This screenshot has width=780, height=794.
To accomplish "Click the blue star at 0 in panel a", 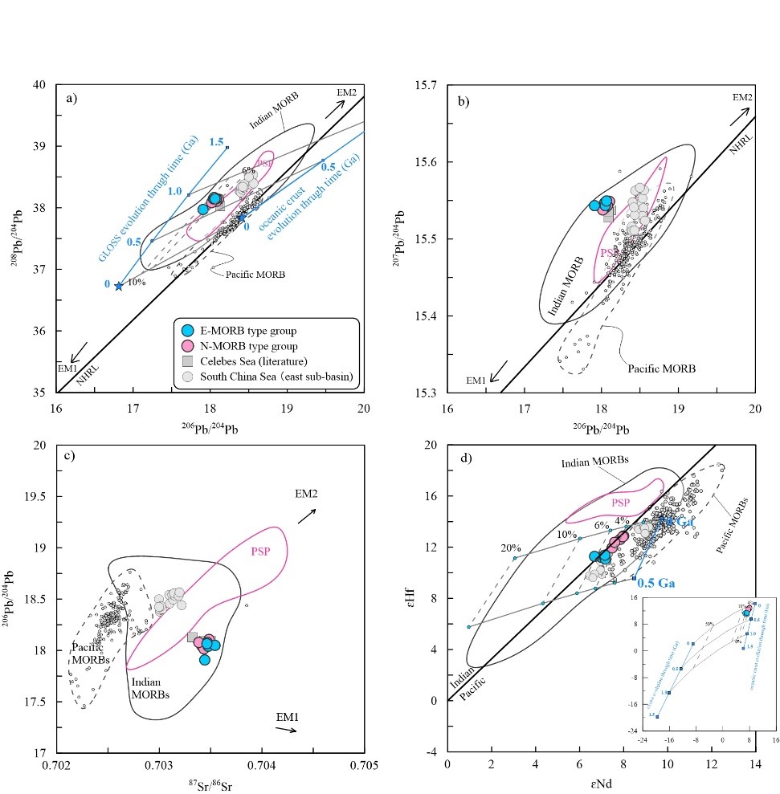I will point(119,286).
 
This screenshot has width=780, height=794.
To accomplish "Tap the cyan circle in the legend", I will point(189,332).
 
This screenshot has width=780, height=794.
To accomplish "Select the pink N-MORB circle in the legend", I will point(189,347).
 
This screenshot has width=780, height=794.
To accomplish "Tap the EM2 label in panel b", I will point(743,97).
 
